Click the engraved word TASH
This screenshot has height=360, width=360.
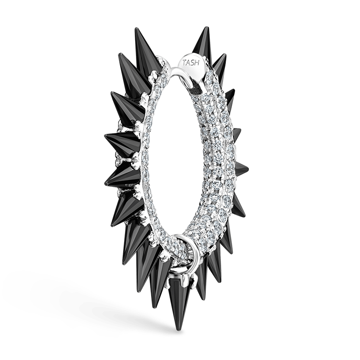point(191,62)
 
